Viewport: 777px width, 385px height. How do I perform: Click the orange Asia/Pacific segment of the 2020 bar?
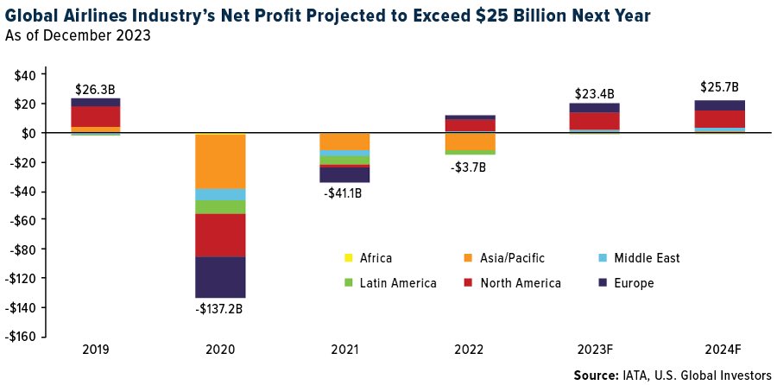(x=220, y=161)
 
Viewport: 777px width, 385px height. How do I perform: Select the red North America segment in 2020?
(x=220, y=236)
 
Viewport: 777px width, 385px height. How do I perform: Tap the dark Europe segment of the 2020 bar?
(x=220, y=277)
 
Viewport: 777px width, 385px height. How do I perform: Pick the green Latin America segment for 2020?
(x=220, y=207)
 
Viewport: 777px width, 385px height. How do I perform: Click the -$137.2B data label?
(x=220, y=310)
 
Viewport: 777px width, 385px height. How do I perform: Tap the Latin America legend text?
(x=398, y=283)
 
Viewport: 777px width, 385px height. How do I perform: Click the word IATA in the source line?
(x=629, y=374)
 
